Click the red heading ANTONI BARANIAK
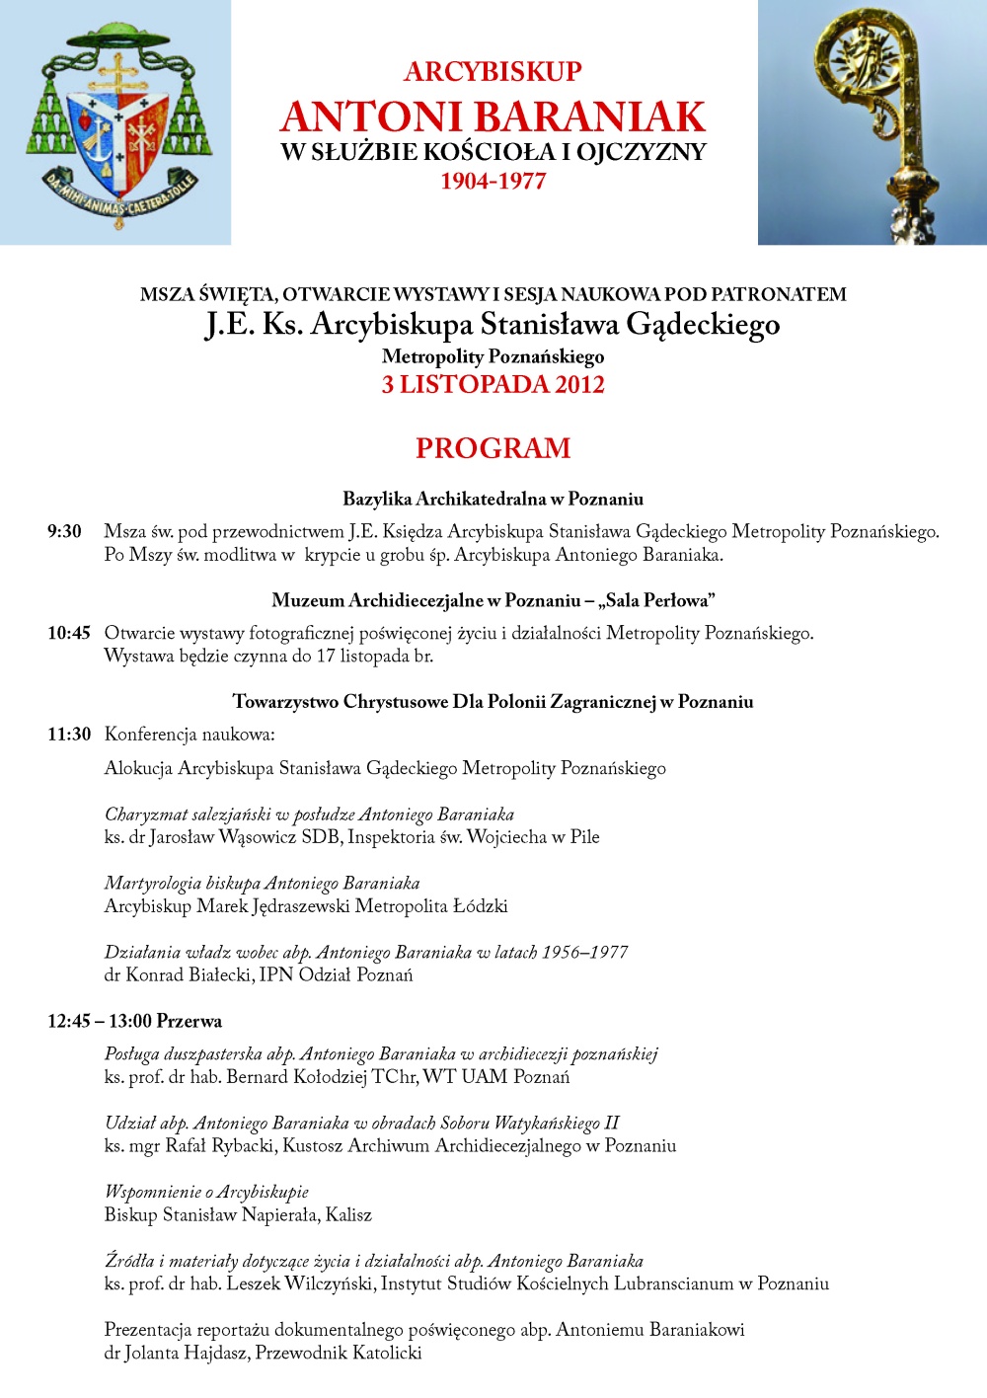493,116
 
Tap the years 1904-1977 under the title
493,181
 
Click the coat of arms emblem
116,123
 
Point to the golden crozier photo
873,122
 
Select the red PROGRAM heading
493,448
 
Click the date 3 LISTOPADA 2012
493,385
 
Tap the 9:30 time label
65,532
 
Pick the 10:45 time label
69,634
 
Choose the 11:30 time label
69,735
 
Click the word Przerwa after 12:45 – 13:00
190,1021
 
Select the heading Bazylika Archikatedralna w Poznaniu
493,499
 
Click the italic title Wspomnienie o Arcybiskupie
206,1193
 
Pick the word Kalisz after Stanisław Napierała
348,1215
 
